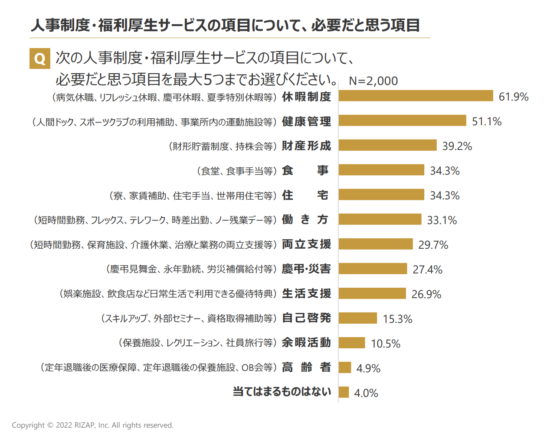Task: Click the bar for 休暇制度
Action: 416,96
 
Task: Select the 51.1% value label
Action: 486,121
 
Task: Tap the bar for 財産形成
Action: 387,145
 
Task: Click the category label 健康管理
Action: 306,121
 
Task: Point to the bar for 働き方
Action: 380,219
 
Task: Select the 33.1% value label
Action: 442,220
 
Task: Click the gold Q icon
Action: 39,58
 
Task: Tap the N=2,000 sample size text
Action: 373,81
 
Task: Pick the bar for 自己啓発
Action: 357,318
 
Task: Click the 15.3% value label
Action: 397,319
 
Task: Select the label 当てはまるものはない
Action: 282,392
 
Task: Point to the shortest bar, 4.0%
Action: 344,392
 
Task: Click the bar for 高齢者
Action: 345,367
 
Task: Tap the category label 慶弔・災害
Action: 306,269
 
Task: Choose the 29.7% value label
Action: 433,245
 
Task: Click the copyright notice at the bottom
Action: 92,425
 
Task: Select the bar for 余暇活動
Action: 352,343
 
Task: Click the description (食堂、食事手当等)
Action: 237,171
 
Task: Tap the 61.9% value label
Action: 513,97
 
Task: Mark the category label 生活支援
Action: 306,294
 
